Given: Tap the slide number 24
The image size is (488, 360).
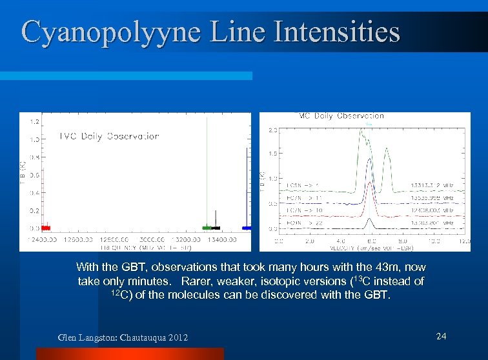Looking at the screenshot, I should pos(442,335).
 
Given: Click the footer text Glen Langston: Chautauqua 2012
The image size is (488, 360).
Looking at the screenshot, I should pos(123,337).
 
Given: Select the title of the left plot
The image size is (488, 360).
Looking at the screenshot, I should pos(109,136).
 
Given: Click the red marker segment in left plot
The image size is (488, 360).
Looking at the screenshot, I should pos(46,228).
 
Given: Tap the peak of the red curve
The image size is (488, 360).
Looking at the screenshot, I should pos(369,183).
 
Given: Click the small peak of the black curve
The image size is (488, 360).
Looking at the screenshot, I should pos(369,219).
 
